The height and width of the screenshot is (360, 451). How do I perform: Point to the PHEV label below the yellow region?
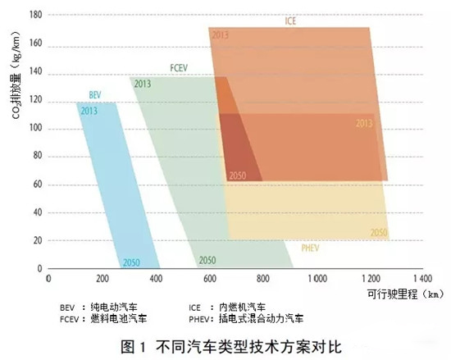pos(311,246)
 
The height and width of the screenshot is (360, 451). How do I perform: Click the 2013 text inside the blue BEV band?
pos(89,111)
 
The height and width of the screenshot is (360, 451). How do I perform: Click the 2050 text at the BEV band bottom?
pos(131,262)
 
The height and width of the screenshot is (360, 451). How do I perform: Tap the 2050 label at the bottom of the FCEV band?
pos(207,261)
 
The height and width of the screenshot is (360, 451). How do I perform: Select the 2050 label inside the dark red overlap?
pos(237,175)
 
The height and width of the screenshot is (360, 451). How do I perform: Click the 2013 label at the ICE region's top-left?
pos(220,34)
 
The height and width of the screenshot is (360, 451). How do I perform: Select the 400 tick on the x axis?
pos(155,279)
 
